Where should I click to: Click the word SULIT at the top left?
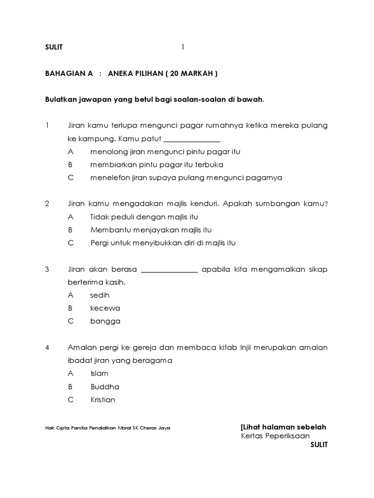tap(54, 47)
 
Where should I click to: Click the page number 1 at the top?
tap(183, 47)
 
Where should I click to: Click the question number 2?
tap(47, 204)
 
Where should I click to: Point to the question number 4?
tap(47, 347)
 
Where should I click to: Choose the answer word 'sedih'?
tap(100, 295)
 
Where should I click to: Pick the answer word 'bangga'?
tap(105, 321)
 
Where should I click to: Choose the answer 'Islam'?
tap(99, 373)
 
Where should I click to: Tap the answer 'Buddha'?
tap(105, 387)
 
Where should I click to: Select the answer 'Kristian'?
tap(103, 400)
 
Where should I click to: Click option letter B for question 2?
tap(70, 230)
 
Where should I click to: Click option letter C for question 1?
tap(70, 178)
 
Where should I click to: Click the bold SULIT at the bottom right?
tap(319, 445)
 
